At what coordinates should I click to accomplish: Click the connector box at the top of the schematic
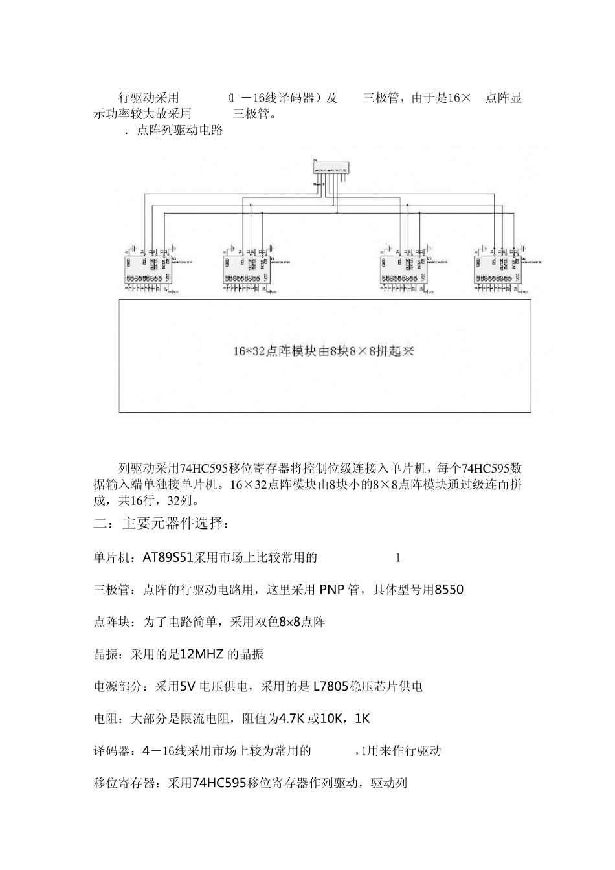point(330,167)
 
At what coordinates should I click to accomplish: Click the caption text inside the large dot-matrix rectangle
point(323,351)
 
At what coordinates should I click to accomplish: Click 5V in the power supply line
point(186,686)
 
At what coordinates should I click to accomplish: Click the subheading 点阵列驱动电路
point(180,131)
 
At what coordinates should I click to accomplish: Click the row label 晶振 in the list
point(106,654)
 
